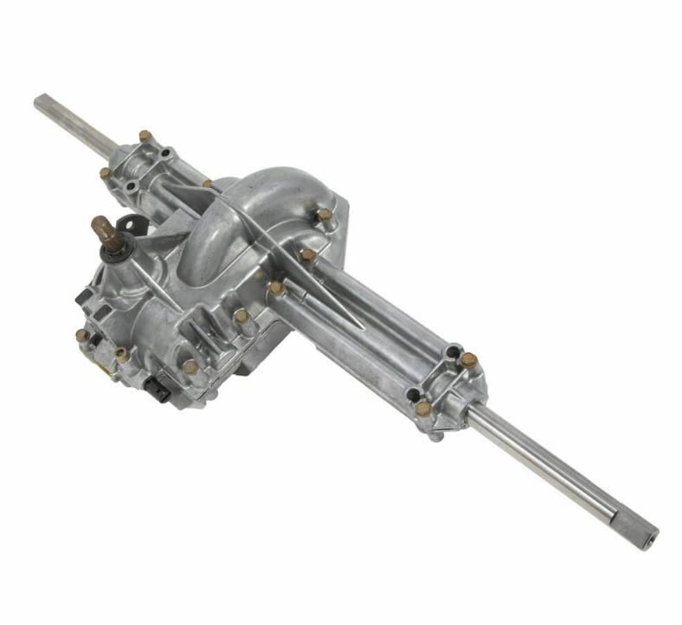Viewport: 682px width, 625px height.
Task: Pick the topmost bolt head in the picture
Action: click(145, 137)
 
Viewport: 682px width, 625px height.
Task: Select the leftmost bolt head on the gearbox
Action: click(81, 335)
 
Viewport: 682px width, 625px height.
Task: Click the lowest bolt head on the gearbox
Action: click(190, 367)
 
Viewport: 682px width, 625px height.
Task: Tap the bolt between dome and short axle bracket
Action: click(208, 184)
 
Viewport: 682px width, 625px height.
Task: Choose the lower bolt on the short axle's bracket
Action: click(105, 173)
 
